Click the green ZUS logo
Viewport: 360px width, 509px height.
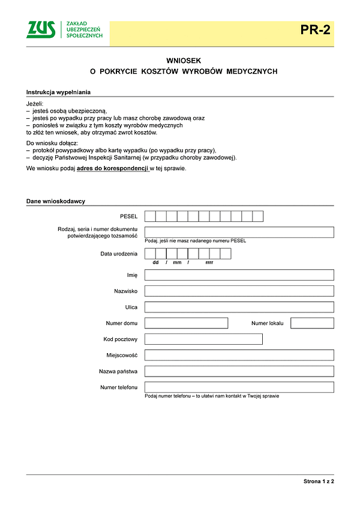click(x=41, y=29)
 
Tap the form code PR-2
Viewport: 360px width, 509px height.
click(x=316, y=29)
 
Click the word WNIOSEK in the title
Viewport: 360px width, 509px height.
click(x=184, y=61)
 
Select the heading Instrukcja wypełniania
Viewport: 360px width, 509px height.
click(x=59, y=92)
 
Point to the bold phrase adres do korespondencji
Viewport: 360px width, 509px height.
click(x=113, y=168)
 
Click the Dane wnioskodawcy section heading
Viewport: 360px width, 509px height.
click(x=56, y=201)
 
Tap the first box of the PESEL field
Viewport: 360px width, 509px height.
click(x=150, y=216)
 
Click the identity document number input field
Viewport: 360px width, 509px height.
click(x=239, y=232)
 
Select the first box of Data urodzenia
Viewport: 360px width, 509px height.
click(x=150, y=254)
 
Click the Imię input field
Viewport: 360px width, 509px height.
click(x=239, y=275)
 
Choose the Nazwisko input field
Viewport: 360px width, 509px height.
click(x=239, y=291)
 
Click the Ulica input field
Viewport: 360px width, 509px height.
click(x=239, y=307)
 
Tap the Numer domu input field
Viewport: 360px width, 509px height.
click(x=187, y=323)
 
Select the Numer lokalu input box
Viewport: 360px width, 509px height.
click(x=312, y=323)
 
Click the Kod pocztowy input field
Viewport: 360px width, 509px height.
click(x=203, y=339)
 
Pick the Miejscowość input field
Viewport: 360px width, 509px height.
click(x=239, y=355)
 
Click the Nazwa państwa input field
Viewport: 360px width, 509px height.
click(x=239, y=371)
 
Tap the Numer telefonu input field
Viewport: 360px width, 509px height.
click(x=239, y=387)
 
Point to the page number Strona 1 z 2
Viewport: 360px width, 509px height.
click(x=318, y=481)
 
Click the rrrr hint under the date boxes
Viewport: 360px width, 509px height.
click(x=209, y=263)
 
